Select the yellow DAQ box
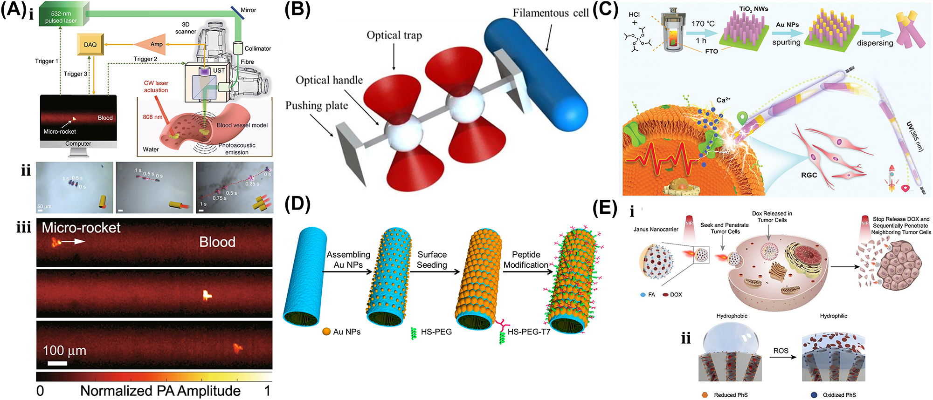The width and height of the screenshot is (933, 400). tap(90, 45)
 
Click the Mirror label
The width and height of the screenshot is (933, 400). tap(248, 10)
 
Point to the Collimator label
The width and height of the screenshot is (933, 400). tap(257, 48)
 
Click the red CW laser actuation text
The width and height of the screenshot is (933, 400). tap(156, 87)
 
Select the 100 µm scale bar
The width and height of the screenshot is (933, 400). tap(57, 363)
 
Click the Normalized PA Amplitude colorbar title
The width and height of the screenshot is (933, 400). tap(160, 391)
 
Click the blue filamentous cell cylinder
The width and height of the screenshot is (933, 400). tap(536, 75)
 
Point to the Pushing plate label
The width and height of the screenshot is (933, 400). tap(317, 106)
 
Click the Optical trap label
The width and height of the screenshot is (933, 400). tap(394, 35)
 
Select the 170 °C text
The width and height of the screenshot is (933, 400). tap(703, 24)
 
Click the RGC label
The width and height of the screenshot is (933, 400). tap(809, 175)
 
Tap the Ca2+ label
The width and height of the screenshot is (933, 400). tap(723, 100)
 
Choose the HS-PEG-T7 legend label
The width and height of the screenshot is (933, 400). tap(529, 332)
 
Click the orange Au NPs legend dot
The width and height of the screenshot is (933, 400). tap(326, 332)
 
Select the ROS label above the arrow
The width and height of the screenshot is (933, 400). tap(781, 351)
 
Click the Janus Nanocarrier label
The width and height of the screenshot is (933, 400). tap(656, 229)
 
